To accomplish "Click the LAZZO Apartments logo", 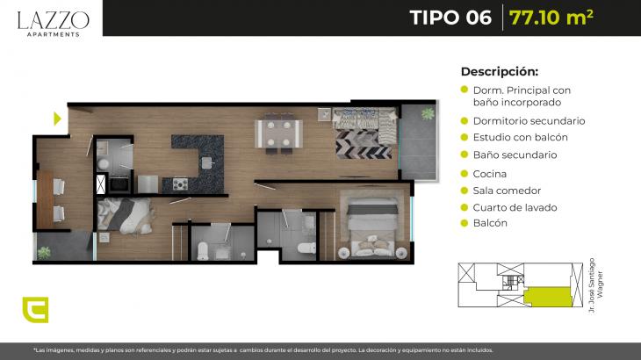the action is click(54, 24).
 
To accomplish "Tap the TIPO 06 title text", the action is click(450, 18).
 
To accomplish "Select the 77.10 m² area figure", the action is click(551, 18).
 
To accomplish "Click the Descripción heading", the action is click(500, 71).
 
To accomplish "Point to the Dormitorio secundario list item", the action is click(529, 121).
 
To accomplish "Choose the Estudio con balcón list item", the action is click(521, 137).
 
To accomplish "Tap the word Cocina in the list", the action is click(490, 174).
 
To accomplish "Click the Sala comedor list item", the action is click(507, 191).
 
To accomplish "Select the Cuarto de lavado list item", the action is click(515, 207).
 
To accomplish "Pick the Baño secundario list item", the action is click(515, 155).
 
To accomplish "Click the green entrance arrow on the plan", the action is click(57, 119).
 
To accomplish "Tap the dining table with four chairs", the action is click(279, 133).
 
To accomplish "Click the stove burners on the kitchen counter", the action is click(180, 184).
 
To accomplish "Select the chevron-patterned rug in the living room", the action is click(364, 144).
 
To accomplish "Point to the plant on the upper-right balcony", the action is click(428, 113).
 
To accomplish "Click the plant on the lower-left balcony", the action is click(44, 253).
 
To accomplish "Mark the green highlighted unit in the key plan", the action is click(548, 297).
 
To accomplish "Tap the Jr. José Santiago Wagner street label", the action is click(595, 285).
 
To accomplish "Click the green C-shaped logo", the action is click(36, 310).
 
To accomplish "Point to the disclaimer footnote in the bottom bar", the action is click(263, 350).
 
